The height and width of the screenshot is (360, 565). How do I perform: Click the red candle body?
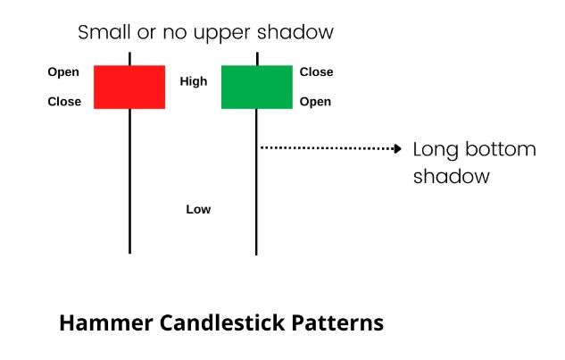click(129, 87)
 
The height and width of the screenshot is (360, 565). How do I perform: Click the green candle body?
click(257, 87)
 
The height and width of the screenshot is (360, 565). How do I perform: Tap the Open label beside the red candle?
click(63, 72)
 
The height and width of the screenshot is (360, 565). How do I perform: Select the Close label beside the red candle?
click(64, 101)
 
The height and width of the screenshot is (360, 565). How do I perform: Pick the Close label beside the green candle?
click(316, 71)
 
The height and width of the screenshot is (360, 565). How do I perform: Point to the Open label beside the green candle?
click(315, 102)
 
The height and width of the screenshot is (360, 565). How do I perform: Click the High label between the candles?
click(194, 81)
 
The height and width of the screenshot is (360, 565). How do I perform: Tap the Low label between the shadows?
click(198, 209)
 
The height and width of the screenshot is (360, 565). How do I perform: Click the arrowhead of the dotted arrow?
click(398, 148)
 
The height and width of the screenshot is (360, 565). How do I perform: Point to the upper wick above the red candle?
click(129, 59)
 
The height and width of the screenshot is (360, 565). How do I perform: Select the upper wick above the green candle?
click(257, 59)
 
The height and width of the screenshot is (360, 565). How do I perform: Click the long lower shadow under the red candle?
click(129, 181)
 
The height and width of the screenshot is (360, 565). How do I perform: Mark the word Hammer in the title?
click(106, 322)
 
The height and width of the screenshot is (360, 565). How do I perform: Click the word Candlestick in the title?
click(222, 322)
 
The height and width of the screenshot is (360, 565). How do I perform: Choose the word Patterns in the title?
click(337, 322)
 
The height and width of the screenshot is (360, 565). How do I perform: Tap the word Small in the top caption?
click(104, 32)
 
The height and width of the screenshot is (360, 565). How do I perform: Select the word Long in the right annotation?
click(436, 151)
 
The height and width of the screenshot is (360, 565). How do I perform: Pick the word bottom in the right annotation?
click(501, 149)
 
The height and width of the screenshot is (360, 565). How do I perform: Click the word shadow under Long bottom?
click(452, 176)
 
